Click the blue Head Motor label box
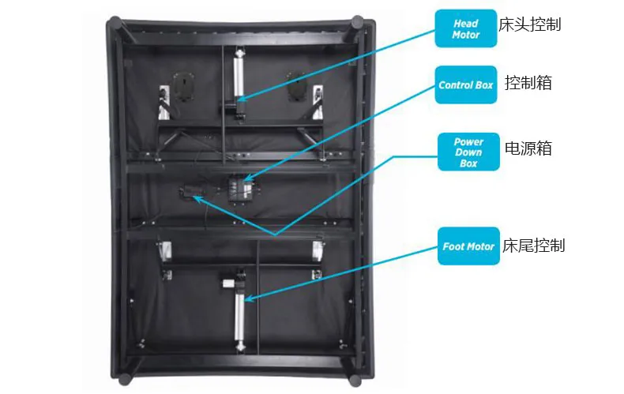466,29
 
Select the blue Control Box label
466,84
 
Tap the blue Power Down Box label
469,152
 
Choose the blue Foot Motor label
468,246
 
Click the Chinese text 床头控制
530,24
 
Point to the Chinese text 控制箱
528,83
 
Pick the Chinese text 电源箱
528,148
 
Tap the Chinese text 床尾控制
534,246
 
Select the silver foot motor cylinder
239,316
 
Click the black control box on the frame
239,189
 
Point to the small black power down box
190,192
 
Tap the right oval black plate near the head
296,84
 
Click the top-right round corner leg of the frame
359,23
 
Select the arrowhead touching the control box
248,179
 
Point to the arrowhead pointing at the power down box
195,198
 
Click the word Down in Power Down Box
468,152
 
